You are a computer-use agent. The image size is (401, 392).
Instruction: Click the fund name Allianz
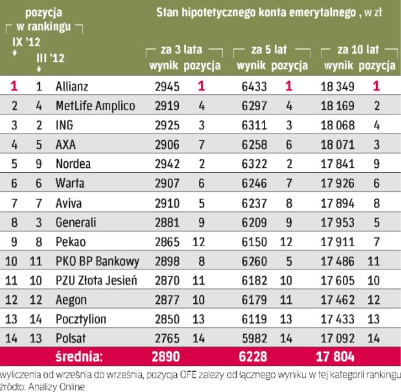(72, 86)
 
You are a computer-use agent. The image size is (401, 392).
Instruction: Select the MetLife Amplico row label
(95, 106)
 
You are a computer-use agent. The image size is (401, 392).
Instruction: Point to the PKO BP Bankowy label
(97, 262)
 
